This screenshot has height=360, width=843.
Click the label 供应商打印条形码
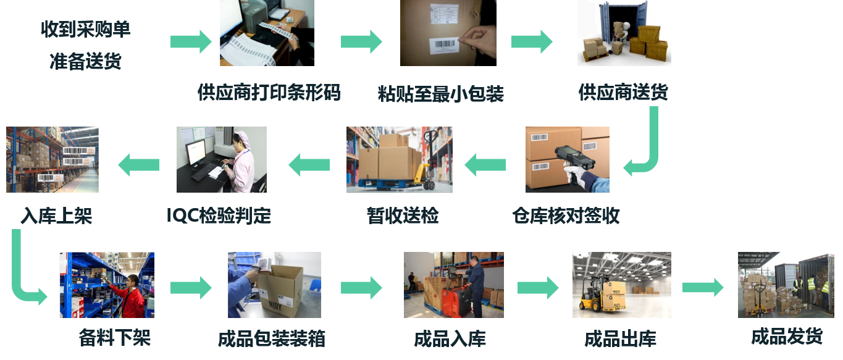(269, 93)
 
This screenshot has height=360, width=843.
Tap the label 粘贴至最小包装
(440, 93)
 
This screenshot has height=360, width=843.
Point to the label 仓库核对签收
(566, 216)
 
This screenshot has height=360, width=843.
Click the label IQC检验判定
(219, 216)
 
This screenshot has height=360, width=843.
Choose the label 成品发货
(787, 337)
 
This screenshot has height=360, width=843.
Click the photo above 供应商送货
(624, 33)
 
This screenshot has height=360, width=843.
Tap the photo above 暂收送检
(399, 159)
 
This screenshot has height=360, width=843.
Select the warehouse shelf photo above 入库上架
(52, 159)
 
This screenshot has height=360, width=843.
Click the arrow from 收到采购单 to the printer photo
(191, 41)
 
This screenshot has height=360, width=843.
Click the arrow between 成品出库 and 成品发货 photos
(703, 287)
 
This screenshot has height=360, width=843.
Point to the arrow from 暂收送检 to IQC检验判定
(309, 164)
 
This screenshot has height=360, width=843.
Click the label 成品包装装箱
(272, 339)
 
